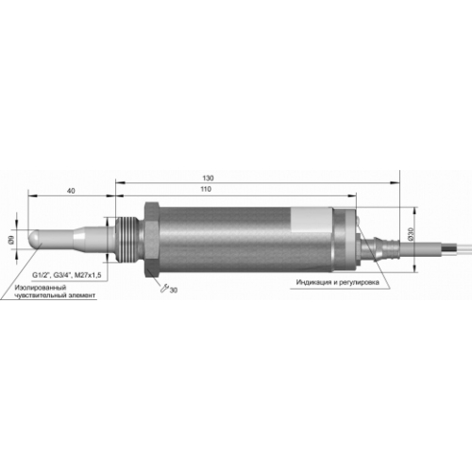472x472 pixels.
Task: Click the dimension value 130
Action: point(208,178)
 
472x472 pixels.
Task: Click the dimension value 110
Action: point(206,189)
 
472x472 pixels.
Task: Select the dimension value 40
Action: point(72,191)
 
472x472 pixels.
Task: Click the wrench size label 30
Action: point(174,290)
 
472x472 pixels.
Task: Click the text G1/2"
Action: point(42,276)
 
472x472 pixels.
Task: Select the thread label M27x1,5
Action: point(88,276)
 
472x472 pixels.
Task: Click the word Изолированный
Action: point(41,288)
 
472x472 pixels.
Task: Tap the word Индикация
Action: point(313,282)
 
